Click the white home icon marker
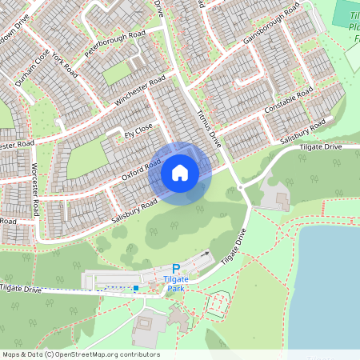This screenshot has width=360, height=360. [x=180, y=173]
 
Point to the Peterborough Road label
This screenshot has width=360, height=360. [x=114, y=46]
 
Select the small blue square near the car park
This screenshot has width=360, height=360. [x=136, y=287]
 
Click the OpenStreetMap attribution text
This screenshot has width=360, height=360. [x=80, y=354]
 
